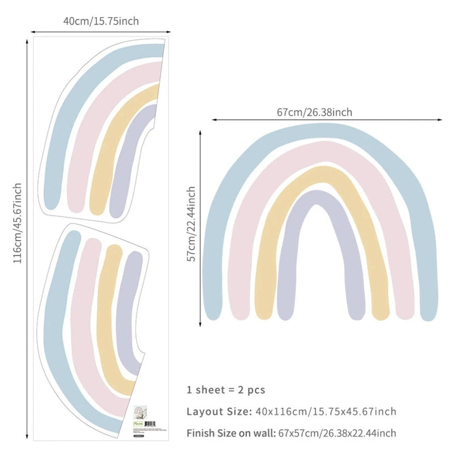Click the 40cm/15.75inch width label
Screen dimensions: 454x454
coord(100,21)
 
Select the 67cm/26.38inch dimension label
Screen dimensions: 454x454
coord(314,112)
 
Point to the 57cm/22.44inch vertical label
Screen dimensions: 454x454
coord(191,224)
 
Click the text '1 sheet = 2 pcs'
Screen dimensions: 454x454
coord(226,390)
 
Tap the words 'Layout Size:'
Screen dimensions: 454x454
coord(218,411)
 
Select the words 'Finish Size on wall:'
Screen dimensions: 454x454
coord(231,433)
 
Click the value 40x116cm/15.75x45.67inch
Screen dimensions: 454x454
coord(325,411)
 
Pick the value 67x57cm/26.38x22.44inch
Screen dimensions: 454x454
coord(337,433)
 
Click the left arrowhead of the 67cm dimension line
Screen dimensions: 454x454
coord(214,120)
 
